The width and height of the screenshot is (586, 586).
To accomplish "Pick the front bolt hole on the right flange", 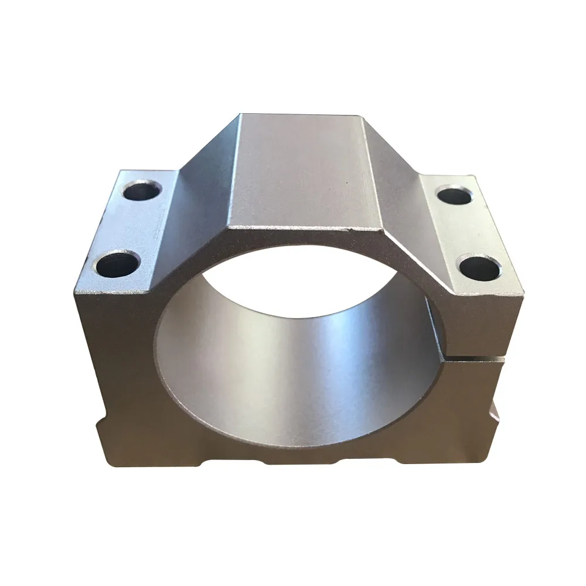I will pos(479,267).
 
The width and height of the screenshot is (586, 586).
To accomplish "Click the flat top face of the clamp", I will pos(299,170).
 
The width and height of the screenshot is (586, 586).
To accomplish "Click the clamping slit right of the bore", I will pos(469,357).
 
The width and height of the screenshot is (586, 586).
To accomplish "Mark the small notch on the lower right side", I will pos(497,410).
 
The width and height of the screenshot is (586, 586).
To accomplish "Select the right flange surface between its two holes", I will pos(466,230).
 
